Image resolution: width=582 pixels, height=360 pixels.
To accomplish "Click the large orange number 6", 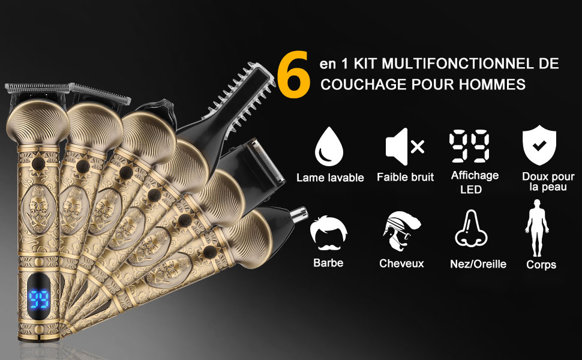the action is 293,74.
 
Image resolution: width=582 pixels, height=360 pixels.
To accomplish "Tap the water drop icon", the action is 328,146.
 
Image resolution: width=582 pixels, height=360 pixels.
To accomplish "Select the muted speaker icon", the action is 404,146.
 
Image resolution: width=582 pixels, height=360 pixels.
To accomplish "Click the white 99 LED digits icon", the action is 469,146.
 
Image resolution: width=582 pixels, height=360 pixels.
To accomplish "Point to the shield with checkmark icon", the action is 539,145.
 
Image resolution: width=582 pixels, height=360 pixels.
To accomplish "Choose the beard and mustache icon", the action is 328,233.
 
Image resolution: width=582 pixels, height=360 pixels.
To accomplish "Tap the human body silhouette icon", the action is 537,228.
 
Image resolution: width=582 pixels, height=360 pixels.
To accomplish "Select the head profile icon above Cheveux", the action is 401,231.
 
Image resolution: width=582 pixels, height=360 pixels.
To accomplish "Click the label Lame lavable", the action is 330,178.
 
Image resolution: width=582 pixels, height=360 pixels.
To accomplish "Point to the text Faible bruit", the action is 405,177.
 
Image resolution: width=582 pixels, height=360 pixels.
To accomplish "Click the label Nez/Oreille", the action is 478,264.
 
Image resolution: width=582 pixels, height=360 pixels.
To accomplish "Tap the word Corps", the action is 541,265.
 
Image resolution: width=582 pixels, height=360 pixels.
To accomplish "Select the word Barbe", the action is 328,263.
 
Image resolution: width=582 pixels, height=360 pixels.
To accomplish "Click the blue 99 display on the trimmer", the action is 39,299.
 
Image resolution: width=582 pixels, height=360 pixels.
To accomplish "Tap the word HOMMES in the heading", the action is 492,85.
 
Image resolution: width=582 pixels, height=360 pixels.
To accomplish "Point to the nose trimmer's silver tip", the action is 299,214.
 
